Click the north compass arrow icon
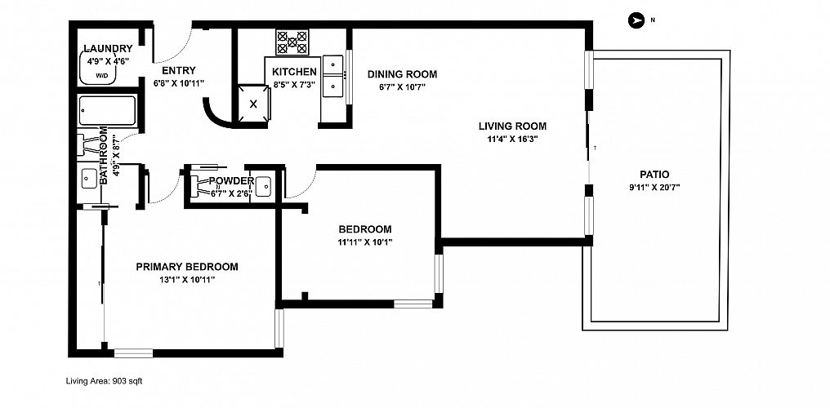click(636, 20)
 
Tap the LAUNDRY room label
click(108, 49)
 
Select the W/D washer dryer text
click(101, 76)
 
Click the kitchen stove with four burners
click(292, 42)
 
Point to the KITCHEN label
click(294, 72)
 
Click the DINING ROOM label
click(402, 74)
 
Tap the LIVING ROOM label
click(512, 126)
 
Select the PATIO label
click(654, 175)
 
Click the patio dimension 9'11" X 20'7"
click(654, 187)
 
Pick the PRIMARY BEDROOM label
click(187, 267)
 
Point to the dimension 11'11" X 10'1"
click(365, 242)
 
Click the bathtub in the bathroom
click(108, 111)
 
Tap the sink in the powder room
click(263, 185)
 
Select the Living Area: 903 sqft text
click(104, 380)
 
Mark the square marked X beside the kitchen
click(253, 104)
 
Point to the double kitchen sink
click(333, 78)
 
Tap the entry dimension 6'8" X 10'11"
click(179, 83)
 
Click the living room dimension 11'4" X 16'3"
click(512, 140)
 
